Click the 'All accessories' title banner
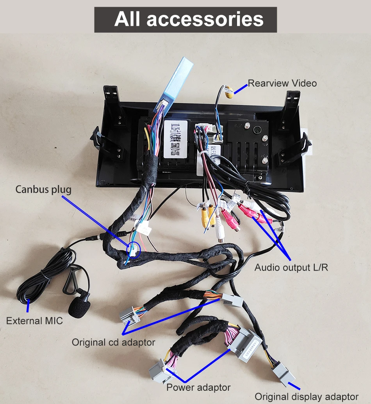[x=185, y=19]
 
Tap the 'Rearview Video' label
[x=282, y=83]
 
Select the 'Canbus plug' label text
[x=43, y=190]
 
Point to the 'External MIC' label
[x=34, y=321]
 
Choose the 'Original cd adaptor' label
[x=113, y=342]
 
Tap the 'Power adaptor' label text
[x=198, y=388]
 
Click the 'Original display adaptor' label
[x=306, y=396]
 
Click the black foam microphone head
[x=78, y=307]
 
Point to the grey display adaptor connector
[x=283, y=374]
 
